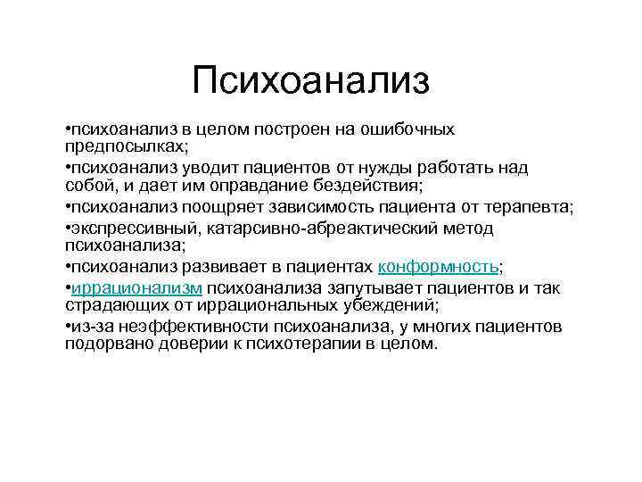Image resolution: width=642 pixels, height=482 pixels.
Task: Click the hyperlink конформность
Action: pos(439,267)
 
